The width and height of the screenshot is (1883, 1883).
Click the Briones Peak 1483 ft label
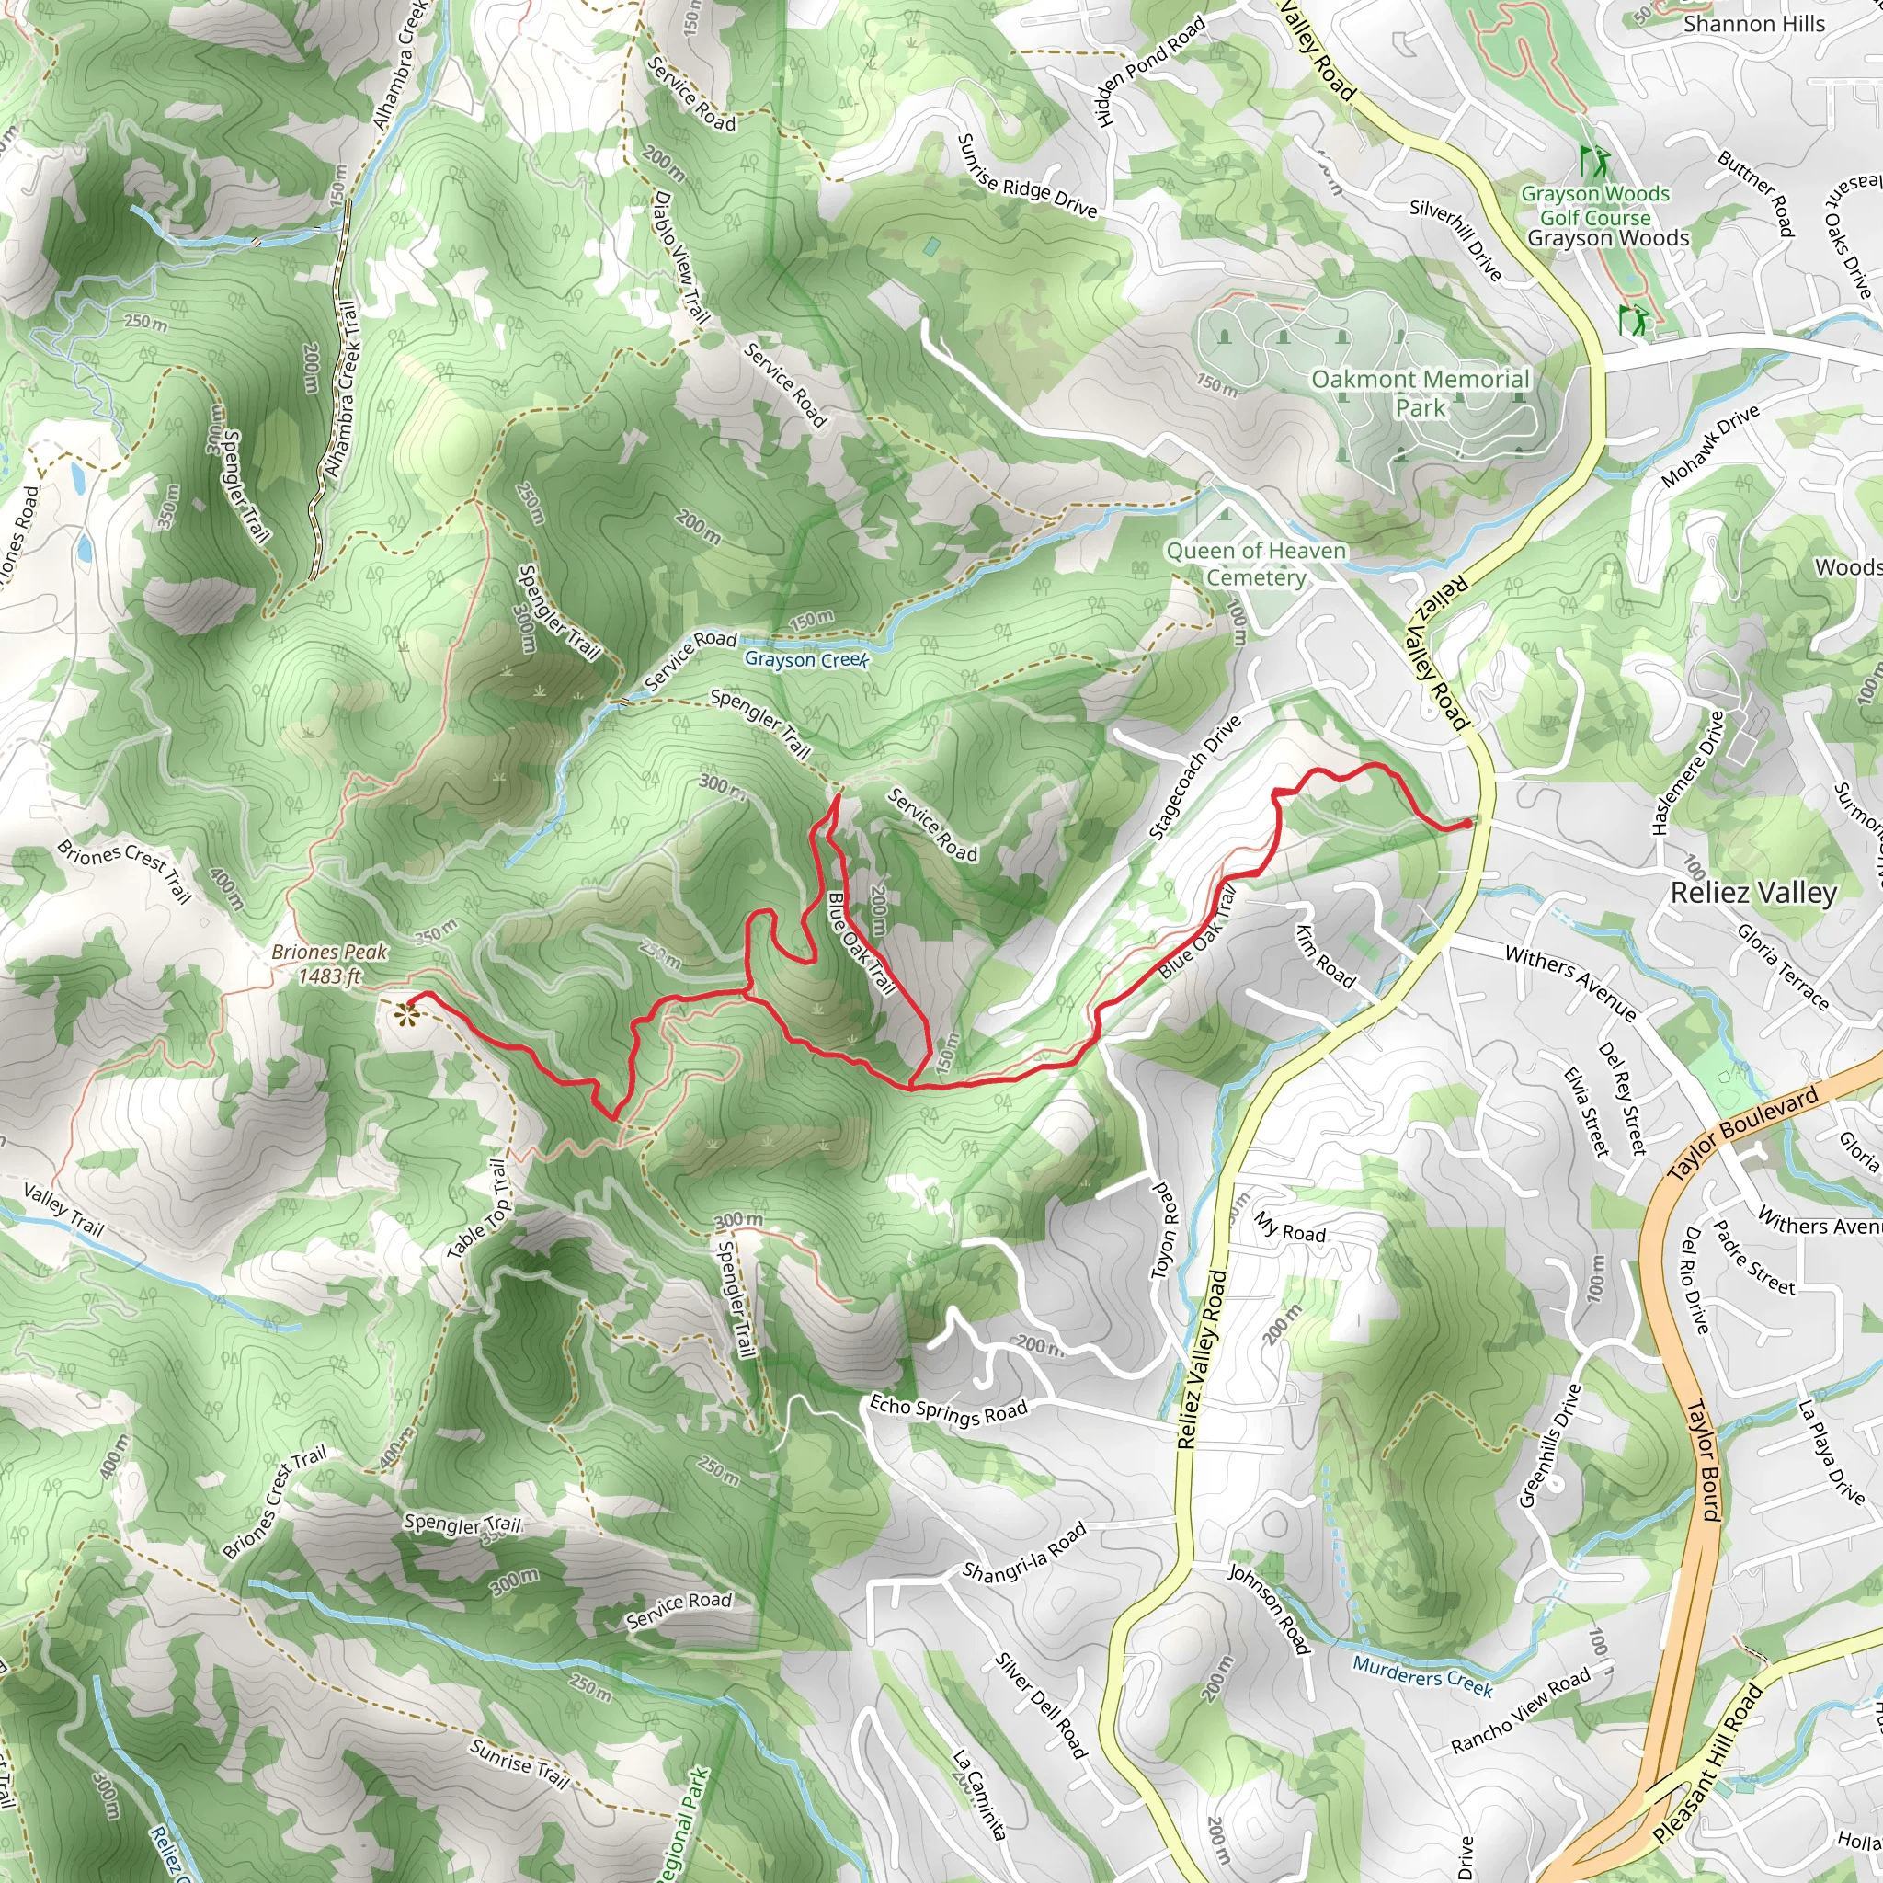329,963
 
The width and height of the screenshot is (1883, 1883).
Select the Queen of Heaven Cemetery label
1256,565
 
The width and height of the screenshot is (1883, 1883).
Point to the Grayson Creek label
806,660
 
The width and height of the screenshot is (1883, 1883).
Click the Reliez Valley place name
1753,892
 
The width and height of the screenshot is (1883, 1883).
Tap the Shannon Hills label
1754,23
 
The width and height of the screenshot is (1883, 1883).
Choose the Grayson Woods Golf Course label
1595,206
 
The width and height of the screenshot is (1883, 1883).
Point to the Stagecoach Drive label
1195,777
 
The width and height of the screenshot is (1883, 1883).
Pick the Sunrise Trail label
519,1763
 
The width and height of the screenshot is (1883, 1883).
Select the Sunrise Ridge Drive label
1027,177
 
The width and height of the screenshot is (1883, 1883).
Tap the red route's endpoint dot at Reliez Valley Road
1467,824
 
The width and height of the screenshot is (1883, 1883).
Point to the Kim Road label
1325,956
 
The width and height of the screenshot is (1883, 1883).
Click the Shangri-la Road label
1023,1552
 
